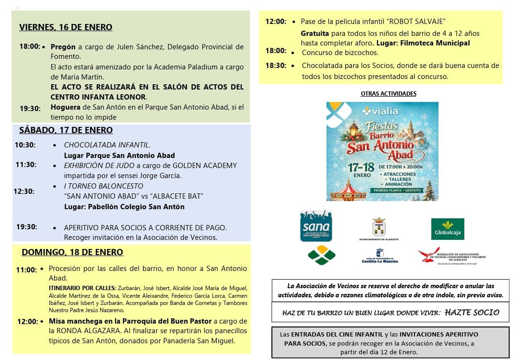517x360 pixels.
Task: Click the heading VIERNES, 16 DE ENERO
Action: pyautogui.click(x=66, y=27)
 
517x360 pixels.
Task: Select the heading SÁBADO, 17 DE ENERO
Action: pyautogui.click(x=66, y=130)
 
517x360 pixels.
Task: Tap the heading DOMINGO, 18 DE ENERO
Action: pyautogui.click(x=72, y=252)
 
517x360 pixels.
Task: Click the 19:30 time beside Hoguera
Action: pyautogui.click(x=30, y=109)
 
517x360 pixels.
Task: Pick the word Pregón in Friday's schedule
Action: pyautogui.click(x=63, y=47)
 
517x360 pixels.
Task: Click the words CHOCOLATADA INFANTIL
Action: pyautogui.click(x=107, y=145)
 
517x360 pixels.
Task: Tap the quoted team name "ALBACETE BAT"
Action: pyautogui.click(x=177, y=196)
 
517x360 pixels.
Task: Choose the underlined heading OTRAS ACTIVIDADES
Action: pyautogui.click(x=388, y=94)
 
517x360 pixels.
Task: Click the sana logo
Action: pyautogui.click(x=316, y=225)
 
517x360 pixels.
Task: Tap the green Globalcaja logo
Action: pyautogui.click(x=448, y=228)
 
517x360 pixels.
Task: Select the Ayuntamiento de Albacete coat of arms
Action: pyautogui.click(x=379, y=226)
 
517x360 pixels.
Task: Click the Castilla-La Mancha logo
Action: pyautogui.click(x=379, y=255)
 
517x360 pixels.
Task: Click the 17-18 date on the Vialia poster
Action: pyautogui.click(x=361, y=167)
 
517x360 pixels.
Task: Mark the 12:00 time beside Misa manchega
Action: pyautogui.click(x=27, y=322)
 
